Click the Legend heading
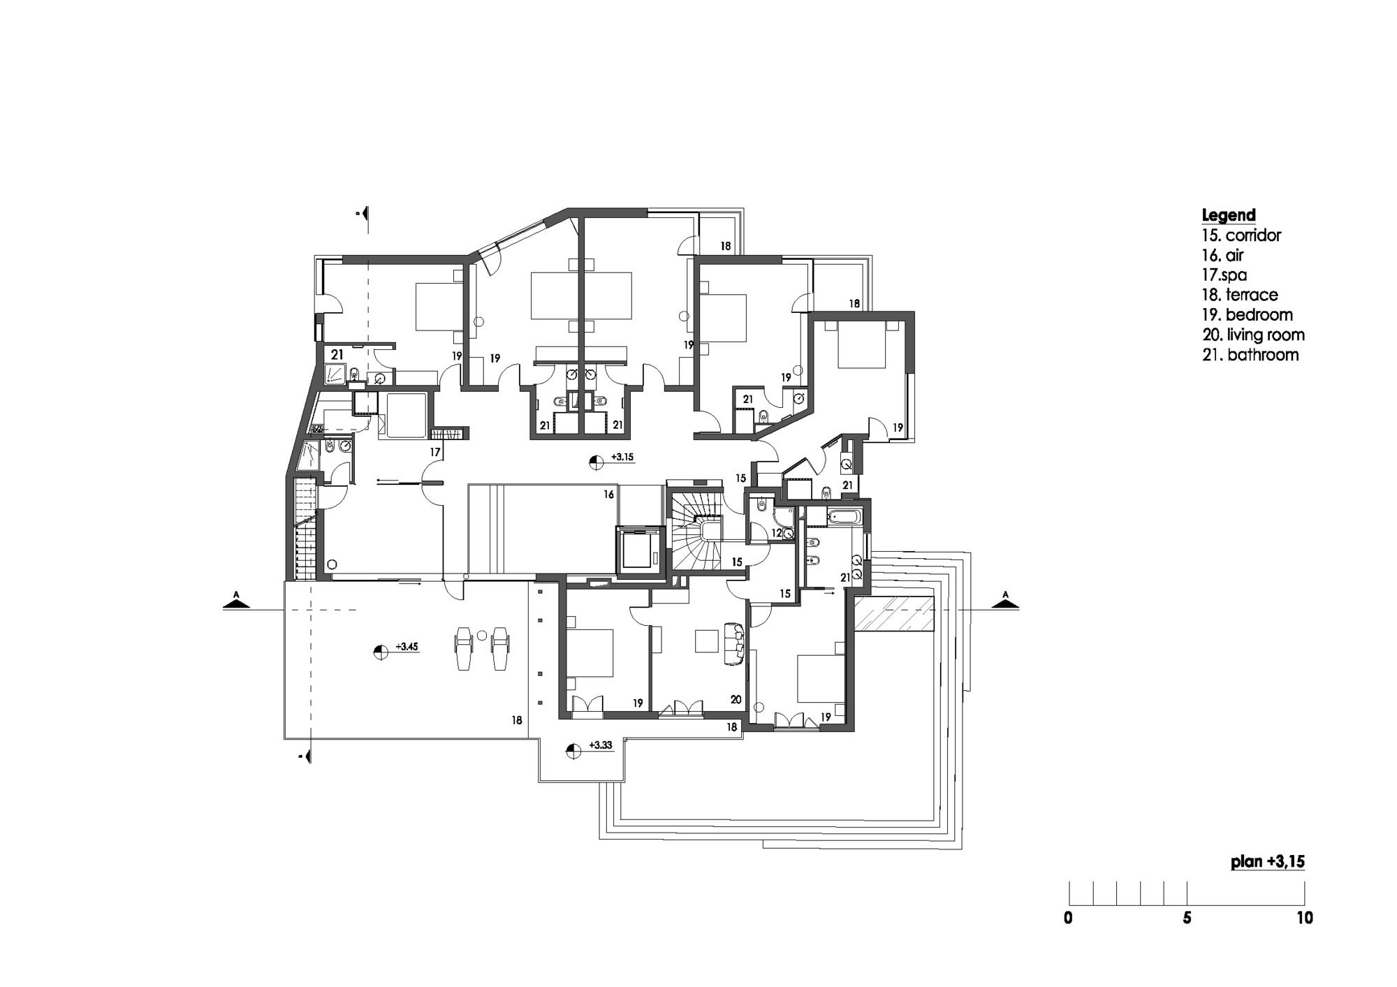click(1229, 215)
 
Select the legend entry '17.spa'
click(1224, 275)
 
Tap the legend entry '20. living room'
click(1253, 335)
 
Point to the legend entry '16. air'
click(1223, 255)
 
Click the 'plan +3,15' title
click(1268, 862)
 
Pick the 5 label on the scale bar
click(1187, 918)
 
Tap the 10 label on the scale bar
click(1305, 918)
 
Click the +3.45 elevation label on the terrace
click(407, 647)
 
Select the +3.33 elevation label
click(601, 745)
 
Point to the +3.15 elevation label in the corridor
click(622, 457)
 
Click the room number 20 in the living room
click(736, 699)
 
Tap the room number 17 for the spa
click(435, 453)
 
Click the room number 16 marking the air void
click(609, 495)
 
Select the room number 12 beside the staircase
click(776, 533)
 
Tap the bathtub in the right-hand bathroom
click(845, 518)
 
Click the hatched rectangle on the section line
click(895, 614)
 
